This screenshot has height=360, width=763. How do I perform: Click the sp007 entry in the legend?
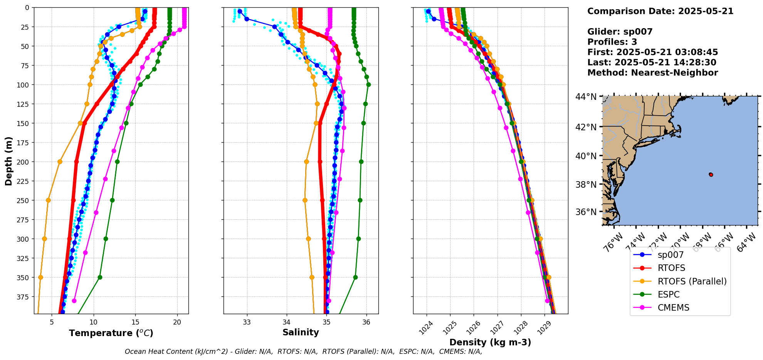(671, 255)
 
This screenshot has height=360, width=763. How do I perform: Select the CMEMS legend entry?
(673, 308)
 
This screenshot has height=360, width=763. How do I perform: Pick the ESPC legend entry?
(669, 294)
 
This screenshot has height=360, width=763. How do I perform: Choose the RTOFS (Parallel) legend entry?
(692, 281)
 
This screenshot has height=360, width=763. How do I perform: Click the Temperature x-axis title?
(111, 333)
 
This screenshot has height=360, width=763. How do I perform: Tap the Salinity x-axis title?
(301, 332)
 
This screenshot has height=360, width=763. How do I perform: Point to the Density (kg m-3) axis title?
(490, 342)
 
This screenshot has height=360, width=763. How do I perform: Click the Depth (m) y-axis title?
(8, 161)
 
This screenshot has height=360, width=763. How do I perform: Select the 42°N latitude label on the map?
(586, 127)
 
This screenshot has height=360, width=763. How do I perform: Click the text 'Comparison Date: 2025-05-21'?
(660, 11)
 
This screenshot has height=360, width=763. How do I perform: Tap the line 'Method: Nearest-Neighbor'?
(652, 73)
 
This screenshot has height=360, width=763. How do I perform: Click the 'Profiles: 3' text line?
(612, 42)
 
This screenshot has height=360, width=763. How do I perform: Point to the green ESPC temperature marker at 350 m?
(100, 277)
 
